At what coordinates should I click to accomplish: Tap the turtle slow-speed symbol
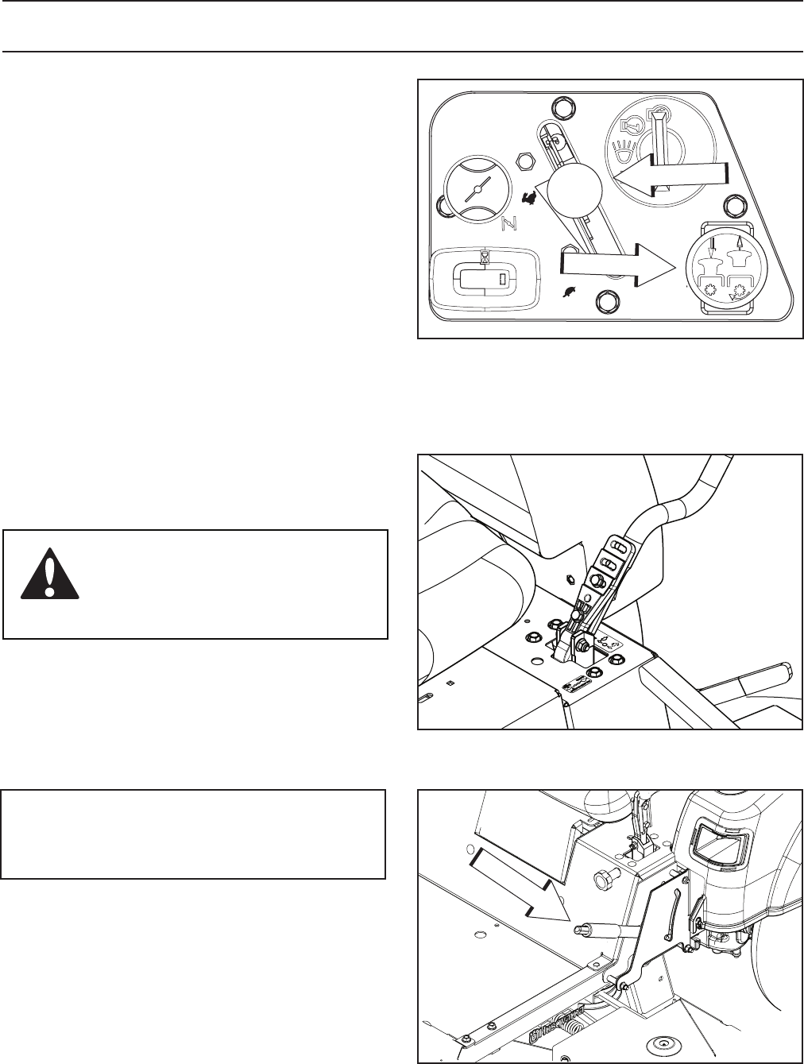pyautogui.click(x=569, y=293)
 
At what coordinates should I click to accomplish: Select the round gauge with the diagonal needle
pyautogui.click(x=474, y=189)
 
